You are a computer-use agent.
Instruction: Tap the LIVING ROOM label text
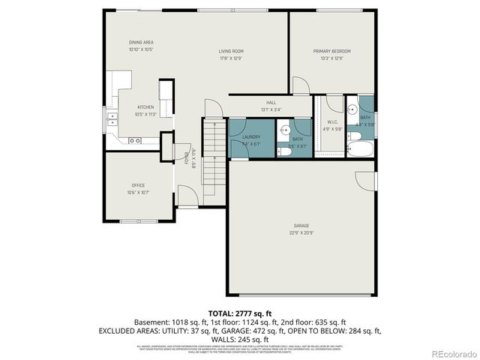[x=231, y=51]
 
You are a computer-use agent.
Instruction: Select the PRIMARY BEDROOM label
[x=331, y=51]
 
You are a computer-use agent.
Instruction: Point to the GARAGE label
[x=301, y=225]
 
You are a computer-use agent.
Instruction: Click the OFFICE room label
[x=138, y=185]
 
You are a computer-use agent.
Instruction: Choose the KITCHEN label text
[x=145, y=107]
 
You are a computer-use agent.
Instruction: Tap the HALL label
[x=271, y=103]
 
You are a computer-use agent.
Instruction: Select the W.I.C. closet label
[x=332, y=121]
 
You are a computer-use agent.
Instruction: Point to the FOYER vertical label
[x=185, y=159]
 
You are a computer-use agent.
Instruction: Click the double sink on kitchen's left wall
[x=112, y=118]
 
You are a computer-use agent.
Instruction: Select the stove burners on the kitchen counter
[x=136, y=140]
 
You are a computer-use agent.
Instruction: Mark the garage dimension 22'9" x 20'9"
[x=301, y=232]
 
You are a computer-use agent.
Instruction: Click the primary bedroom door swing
[x=299, y=85]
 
